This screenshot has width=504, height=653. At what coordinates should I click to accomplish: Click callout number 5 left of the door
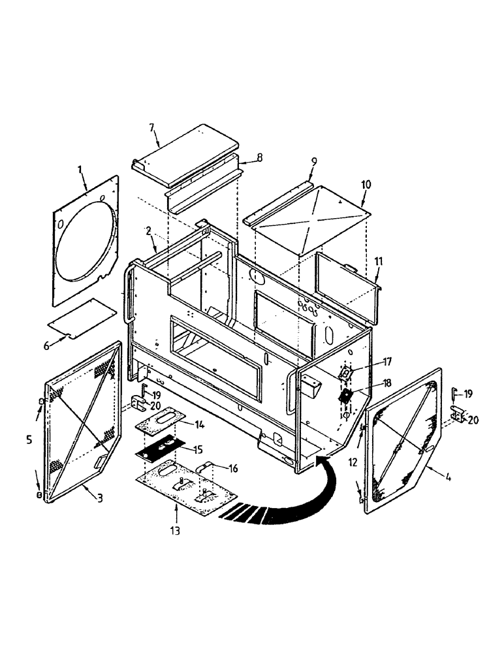click(x=29, y=440)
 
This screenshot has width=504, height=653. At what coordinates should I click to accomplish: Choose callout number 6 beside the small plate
click(x=46, y=345)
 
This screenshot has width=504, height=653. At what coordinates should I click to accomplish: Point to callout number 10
click(x=365, y=185)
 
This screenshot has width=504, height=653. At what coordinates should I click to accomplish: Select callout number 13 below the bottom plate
click(x=175, y=530)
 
